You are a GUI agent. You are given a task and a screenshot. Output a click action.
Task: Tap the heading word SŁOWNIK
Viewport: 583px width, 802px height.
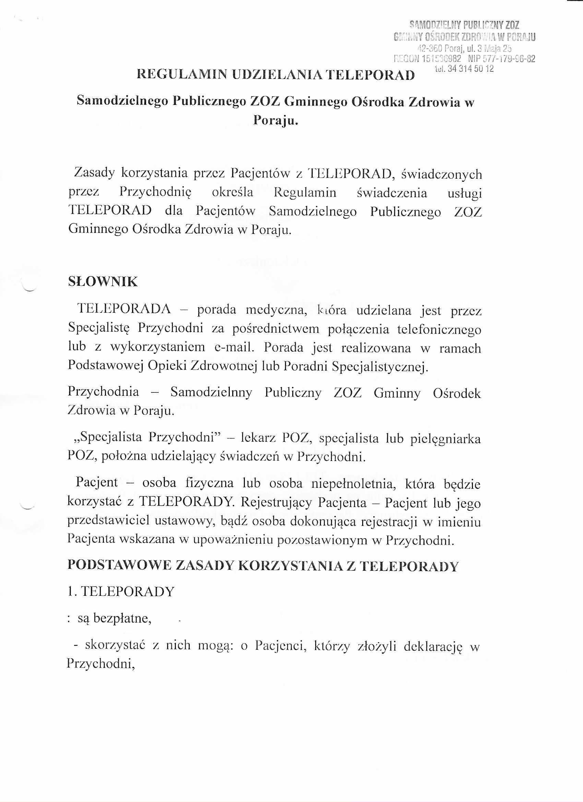point(103,282)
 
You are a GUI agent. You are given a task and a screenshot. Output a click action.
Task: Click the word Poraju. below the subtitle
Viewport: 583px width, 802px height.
point(276,121)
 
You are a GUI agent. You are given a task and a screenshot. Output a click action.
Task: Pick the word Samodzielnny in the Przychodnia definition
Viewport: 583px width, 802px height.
point(211,392)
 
